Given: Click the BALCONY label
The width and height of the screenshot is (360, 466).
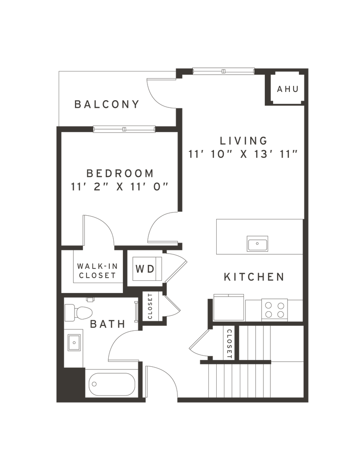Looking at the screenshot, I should [x=107, y=104].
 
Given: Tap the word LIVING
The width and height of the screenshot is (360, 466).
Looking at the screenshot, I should [x=243, y=141].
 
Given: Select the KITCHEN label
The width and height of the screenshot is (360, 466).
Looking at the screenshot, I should [x=254, y=277].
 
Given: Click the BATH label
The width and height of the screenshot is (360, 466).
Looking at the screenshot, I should [x=108, y=324].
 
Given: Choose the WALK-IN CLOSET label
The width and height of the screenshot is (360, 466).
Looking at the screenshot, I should [x=97, y=271].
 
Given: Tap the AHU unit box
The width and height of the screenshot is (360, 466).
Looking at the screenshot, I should [x=287, y=90].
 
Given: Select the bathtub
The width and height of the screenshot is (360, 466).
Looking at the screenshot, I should [x=112, y=384].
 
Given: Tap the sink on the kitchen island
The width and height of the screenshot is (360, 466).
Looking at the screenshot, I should [x=258, y=243].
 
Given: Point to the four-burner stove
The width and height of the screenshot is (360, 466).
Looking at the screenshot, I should [x=274, y=309].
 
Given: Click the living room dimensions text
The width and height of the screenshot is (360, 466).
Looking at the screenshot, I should [x=243, y=154].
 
